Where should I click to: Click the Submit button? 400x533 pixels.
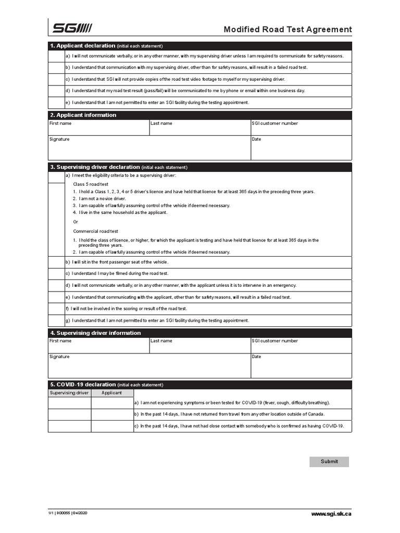tap(329, 462)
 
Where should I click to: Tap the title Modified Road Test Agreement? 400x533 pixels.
tap(287, 30)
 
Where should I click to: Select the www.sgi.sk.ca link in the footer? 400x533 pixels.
tap(331, 514)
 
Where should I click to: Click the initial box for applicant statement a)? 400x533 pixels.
tap(56, 56)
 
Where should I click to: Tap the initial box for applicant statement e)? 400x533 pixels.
tap(56, 103)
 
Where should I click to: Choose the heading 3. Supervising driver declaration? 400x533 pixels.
tap(95, 167)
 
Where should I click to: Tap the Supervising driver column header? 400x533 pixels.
tap(69, 393)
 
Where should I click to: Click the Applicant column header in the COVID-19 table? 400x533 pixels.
tap(112, 393)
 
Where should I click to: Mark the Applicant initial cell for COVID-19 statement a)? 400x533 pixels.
tap(112, 403)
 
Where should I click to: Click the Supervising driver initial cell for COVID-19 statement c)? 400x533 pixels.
tap(69, 426)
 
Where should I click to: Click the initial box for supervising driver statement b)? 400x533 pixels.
tap(56, 262)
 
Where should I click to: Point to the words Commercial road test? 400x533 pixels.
tap(95, 231)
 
